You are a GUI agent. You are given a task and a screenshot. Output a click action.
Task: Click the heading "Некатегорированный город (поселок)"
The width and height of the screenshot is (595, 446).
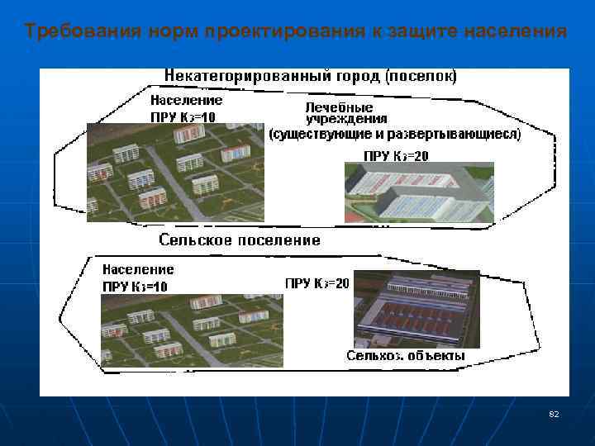tap(310, 76)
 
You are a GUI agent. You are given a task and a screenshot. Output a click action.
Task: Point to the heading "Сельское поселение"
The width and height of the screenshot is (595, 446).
tap(239, 240)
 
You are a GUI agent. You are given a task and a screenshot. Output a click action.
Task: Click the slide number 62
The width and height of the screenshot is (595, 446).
tap(554, 413)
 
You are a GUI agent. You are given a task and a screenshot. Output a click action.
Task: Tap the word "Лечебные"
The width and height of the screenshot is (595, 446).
tap(339, 107)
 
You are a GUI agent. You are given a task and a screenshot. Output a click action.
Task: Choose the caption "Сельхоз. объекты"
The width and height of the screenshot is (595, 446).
tap(406, 356)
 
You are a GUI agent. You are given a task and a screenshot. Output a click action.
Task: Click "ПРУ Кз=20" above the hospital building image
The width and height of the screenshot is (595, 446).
tap(396, 155)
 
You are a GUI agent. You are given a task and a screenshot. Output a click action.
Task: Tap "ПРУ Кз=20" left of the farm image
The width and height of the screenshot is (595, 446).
tap(317, 283)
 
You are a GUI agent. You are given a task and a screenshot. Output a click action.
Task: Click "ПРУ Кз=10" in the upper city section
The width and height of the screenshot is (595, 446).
tap(183, 116)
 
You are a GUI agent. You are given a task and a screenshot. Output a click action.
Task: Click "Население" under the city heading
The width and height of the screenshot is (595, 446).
tap(186, 100)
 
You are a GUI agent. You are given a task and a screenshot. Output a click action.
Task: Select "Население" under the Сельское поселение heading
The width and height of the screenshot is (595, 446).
tap(138, 269)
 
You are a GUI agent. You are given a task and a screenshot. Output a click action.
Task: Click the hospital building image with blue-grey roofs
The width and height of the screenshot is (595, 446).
tap(419, 192)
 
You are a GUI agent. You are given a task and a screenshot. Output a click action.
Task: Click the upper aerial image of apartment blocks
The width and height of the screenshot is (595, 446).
tap(174, 172)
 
